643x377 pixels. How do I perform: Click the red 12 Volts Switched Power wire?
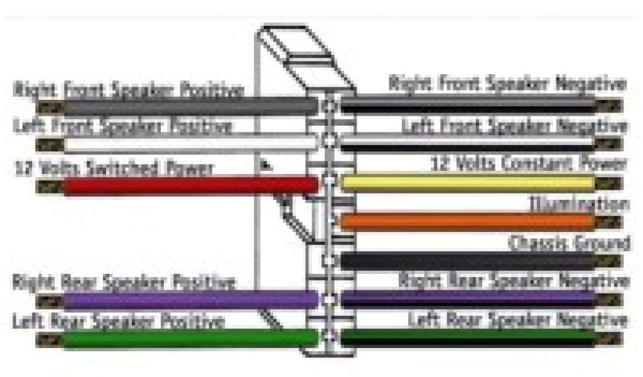[x=188, y=185]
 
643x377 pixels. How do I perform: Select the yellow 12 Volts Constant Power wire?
[x=465, y=183]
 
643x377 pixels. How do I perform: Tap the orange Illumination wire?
[x=465, y=221]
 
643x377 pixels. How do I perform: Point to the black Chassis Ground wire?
[x=465, y=260]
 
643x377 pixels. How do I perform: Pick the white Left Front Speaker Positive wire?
[x=188, y=144]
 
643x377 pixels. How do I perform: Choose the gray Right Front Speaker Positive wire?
[x=188, y=106]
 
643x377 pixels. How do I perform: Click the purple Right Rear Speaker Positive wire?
[x=188, y=300]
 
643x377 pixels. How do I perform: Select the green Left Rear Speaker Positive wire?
[x=188, y=339]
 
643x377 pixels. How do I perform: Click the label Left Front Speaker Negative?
[x=514, y=126]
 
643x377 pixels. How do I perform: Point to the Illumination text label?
[x=578, y=204]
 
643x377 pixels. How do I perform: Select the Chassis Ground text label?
[x=569, y=243]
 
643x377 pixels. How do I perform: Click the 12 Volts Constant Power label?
[x=528, y=165]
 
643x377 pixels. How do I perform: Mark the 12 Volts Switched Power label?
[x=114, y=168]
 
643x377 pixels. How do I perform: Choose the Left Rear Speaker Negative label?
[x=517, y=320]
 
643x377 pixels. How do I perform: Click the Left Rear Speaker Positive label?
[x=119, y=322]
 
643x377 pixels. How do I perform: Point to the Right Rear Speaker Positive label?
[x=124, y=281]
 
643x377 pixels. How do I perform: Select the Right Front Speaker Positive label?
[x=128, y=89]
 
